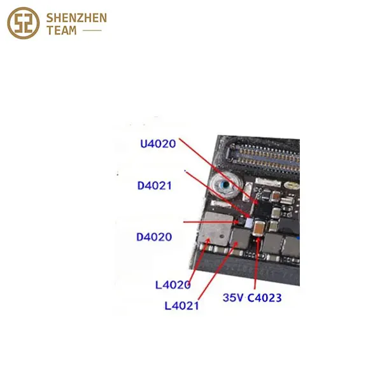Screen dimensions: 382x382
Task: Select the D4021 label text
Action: (x=155, y=186)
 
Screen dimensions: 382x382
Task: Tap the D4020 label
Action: (x=154, y=237)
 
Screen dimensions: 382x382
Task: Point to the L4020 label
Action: (x=173, y=285)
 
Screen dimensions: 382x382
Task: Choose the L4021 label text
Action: (x=181, y=306)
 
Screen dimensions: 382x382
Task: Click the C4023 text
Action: (x=265, y=297)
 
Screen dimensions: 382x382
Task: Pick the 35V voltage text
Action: (x=233, y=297)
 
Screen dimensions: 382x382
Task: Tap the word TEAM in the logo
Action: (x=62, y=31)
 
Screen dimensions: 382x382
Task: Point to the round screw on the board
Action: (x=223, y=187)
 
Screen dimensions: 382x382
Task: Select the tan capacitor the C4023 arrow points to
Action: (x=260, y=227)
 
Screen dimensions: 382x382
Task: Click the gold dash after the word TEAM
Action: (x=94, y=31)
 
